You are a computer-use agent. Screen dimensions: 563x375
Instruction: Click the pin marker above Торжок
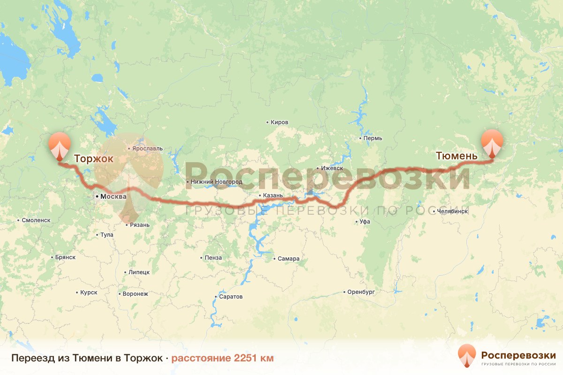pyautogui.click(x=60, y=145)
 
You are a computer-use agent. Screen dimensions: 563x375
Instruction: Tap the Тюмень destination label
pyautogui.click(x=456, y=156)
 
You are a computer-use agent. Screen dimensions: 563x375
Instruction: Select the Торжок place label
pyautogui.click(x=93, y=158)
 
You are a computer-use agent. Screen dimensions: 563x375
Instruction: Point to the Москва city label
pyautogui.click(x=114, y=197)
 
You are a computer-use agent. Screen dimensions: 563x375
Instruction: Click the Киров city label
pyautogui.click(x=280, y=122)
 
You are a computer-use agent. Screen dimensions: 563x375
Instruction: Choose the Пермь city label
pyautogui.click(x=373, y=138)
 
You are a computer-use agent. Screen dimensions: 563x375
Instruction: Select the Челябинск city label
pyautogui.click(x=452, y=211)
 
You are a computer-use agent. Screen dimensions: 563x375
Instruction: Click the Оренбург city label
pyautogui.click(x=361, y=292)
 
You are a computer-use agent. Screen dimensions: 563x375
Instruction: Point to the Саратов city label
pyautogui.click(x=231, y=297)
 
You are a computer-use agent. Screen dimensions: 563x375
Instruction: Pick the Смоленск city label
pyautogui.click(x=36, y=220)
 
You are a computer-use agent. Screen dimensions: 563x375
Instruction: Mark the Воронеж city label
pyautogui.click(x=135, y=294)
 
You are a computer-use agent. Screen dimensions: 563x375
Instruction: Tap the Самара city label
pyautogui.click(x=289, y=259)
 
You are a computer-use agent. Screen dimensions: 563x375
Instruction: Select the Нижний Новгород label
pyautogui.click(x=216, y=182)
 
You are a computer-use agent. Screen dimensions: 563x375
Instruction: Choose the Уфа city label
pyautogui.click(x=365, y=222)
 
